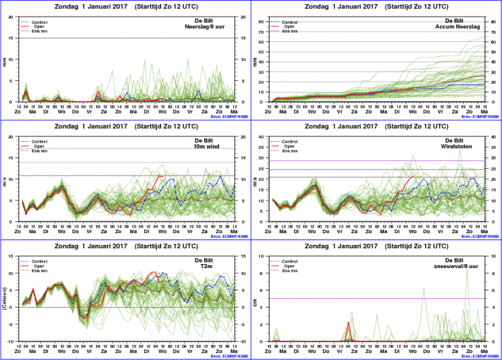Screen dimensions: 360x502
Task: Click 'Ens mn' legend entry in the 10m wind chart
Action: coord(42,152)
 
